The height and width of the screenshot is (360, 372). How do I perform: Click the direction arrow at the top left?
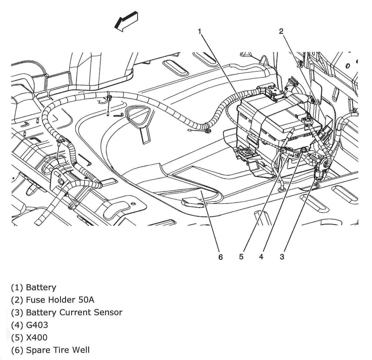126,21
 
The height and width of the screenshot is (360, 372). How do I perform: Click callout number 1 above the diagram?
200,31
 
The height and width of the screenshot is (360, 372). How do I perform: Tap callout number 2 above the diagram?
281,31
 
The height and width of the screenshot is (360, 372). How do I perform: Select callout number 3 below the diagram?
282,257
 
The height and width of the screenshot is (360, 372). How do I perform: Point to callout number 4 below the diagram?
261,257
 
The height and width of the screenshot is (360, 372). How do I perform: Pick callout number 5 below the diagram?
241,257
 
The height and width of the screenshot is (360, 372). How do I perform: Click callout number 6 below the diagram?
220,257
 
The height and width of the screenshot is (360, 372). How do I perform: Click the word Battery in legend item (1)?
41,288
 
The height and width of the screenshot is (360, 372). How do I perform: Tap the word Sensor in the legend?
108,312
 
